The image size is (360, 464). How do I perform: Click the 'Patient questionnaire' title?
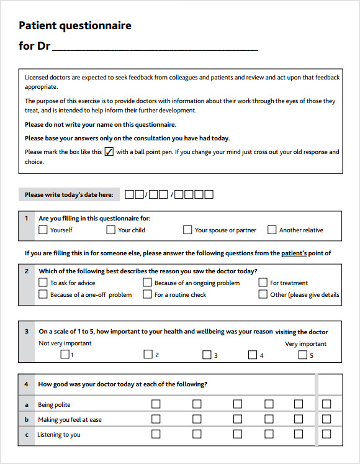[x=75, y=25]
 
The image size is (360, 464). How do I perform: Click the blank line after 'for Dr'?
[x=155, y=46]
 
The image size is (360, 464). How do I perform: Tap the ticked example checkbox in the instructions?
[x=109, y=152]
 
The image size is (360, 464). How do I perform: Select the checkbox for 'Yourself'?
[x=43, y=230]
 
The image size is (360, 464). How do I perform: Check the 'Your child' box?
[x=110, y=230]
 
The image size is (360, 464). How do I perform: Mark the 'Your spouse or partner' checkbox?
[x=187, y=230]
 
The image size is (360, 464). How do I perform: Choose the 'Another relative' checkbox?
[x=272, y=230]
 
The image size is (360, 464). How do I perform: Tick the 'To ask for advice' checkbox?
[x=43, y=283]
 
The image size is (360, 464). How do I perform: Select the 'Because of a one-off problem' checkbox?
[x=43, y=294]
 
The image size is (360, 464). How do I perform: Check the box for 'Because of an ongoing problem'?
[x=147, y=283]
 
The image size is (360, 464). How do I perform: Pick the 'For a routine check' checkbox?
[x=147, y=294]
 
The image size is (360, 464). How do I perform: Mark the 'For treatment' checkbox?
[x=263, y=283]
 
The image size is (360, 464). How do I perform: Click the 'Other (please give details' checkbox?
[x=263, y=294]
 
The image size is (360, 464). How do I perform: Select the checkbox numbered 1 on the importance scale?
[x=65, y=355]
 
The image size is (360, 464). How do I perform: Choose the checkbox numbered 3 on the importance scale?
[x=207, y=355]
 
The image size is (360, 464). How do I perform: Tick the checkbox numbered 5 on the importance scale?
[x=302, y=355]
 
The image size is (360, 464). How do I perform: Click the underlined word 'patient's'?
[x=294, y=253]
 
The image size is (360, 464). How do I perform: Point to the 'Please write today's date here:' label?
[x=69, y=194]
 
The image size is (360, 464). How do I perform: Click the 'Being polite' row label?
[x=54, y=404]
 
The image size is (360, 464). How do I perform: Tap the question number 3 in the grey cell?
[x=27, y=331]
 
